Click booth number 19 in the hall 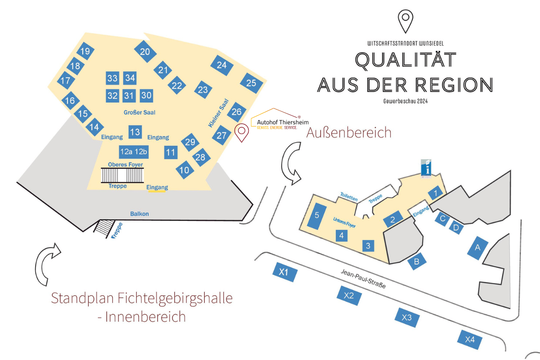point(85,51)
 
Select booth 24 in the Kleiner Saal point(222,65)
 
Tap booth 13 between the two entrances point(135,132)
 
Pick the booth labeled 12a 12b point(134,152)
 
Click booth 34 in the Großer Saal point(130,78)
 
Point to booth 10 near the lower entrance point(184,170)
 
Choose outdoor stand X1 point(284,272)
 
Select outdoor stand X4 point(470,340)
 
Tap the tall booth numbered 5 point(317,216)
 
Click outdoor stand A point(478,247)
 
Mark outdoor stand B point(417,261)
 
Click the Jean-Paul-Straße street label point(363,279)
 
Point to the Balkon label point(139,214)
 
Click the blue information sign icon point(425,167)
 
